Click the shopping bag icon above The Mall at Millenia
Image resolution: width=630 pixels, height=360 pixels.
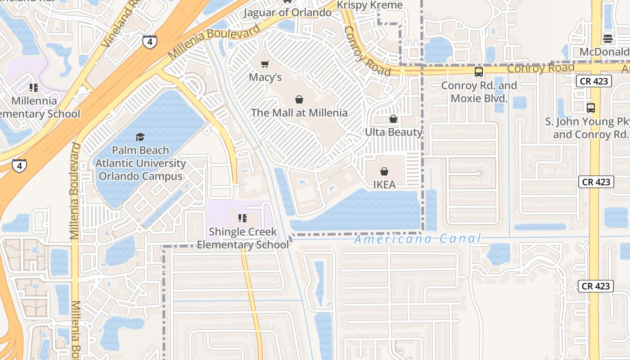(299, 99)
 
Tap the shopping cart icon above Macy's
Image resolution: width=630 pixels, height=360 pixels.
(265, 64)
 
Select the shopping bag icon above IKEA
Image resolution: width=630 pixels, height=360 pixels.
(384, 171)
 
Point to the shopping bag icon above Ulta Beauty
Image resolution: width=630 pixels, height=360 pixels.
(393, 119)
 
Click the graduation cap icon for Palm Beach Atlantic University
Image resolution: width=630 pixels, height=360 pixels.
(140, 137)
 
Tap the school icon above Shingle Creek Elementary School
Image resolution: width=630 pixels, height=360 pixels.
(243, 219)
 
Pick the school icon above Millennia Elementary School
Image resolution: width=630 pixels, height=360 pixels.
(34, 87)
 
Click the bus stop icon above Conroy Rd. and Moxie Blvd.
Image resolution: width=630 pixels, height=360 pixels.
(479, 72)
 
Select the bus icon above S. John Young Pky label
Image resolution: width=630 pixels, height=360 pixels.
(591, 108)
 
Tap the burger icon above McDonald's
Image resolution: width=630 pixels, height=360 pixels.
(608, 38)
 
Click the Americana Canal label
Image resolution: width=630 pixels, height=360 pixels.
(418, 238)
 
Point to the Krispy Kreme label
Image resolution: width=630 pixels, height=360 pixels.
(370, 5)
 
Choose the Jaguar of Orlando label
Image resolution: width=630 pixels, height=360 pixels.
(288, 13)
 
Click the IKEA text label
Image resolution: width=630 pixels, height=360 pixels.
(384, 184)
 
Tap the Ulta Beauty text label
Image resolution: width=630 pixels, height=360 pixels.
(393, 132)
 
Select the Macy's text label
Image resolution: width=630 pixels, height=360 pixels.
(265, 77)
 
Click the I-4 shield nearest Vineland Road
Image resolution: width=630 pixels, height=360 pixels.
(150, 42)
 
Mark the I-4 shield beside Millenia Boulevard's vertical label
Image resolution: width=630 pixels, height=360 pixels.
(19, 165)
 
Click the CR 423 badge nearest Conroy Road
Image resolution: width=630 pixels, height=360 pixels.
(594, 81)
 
